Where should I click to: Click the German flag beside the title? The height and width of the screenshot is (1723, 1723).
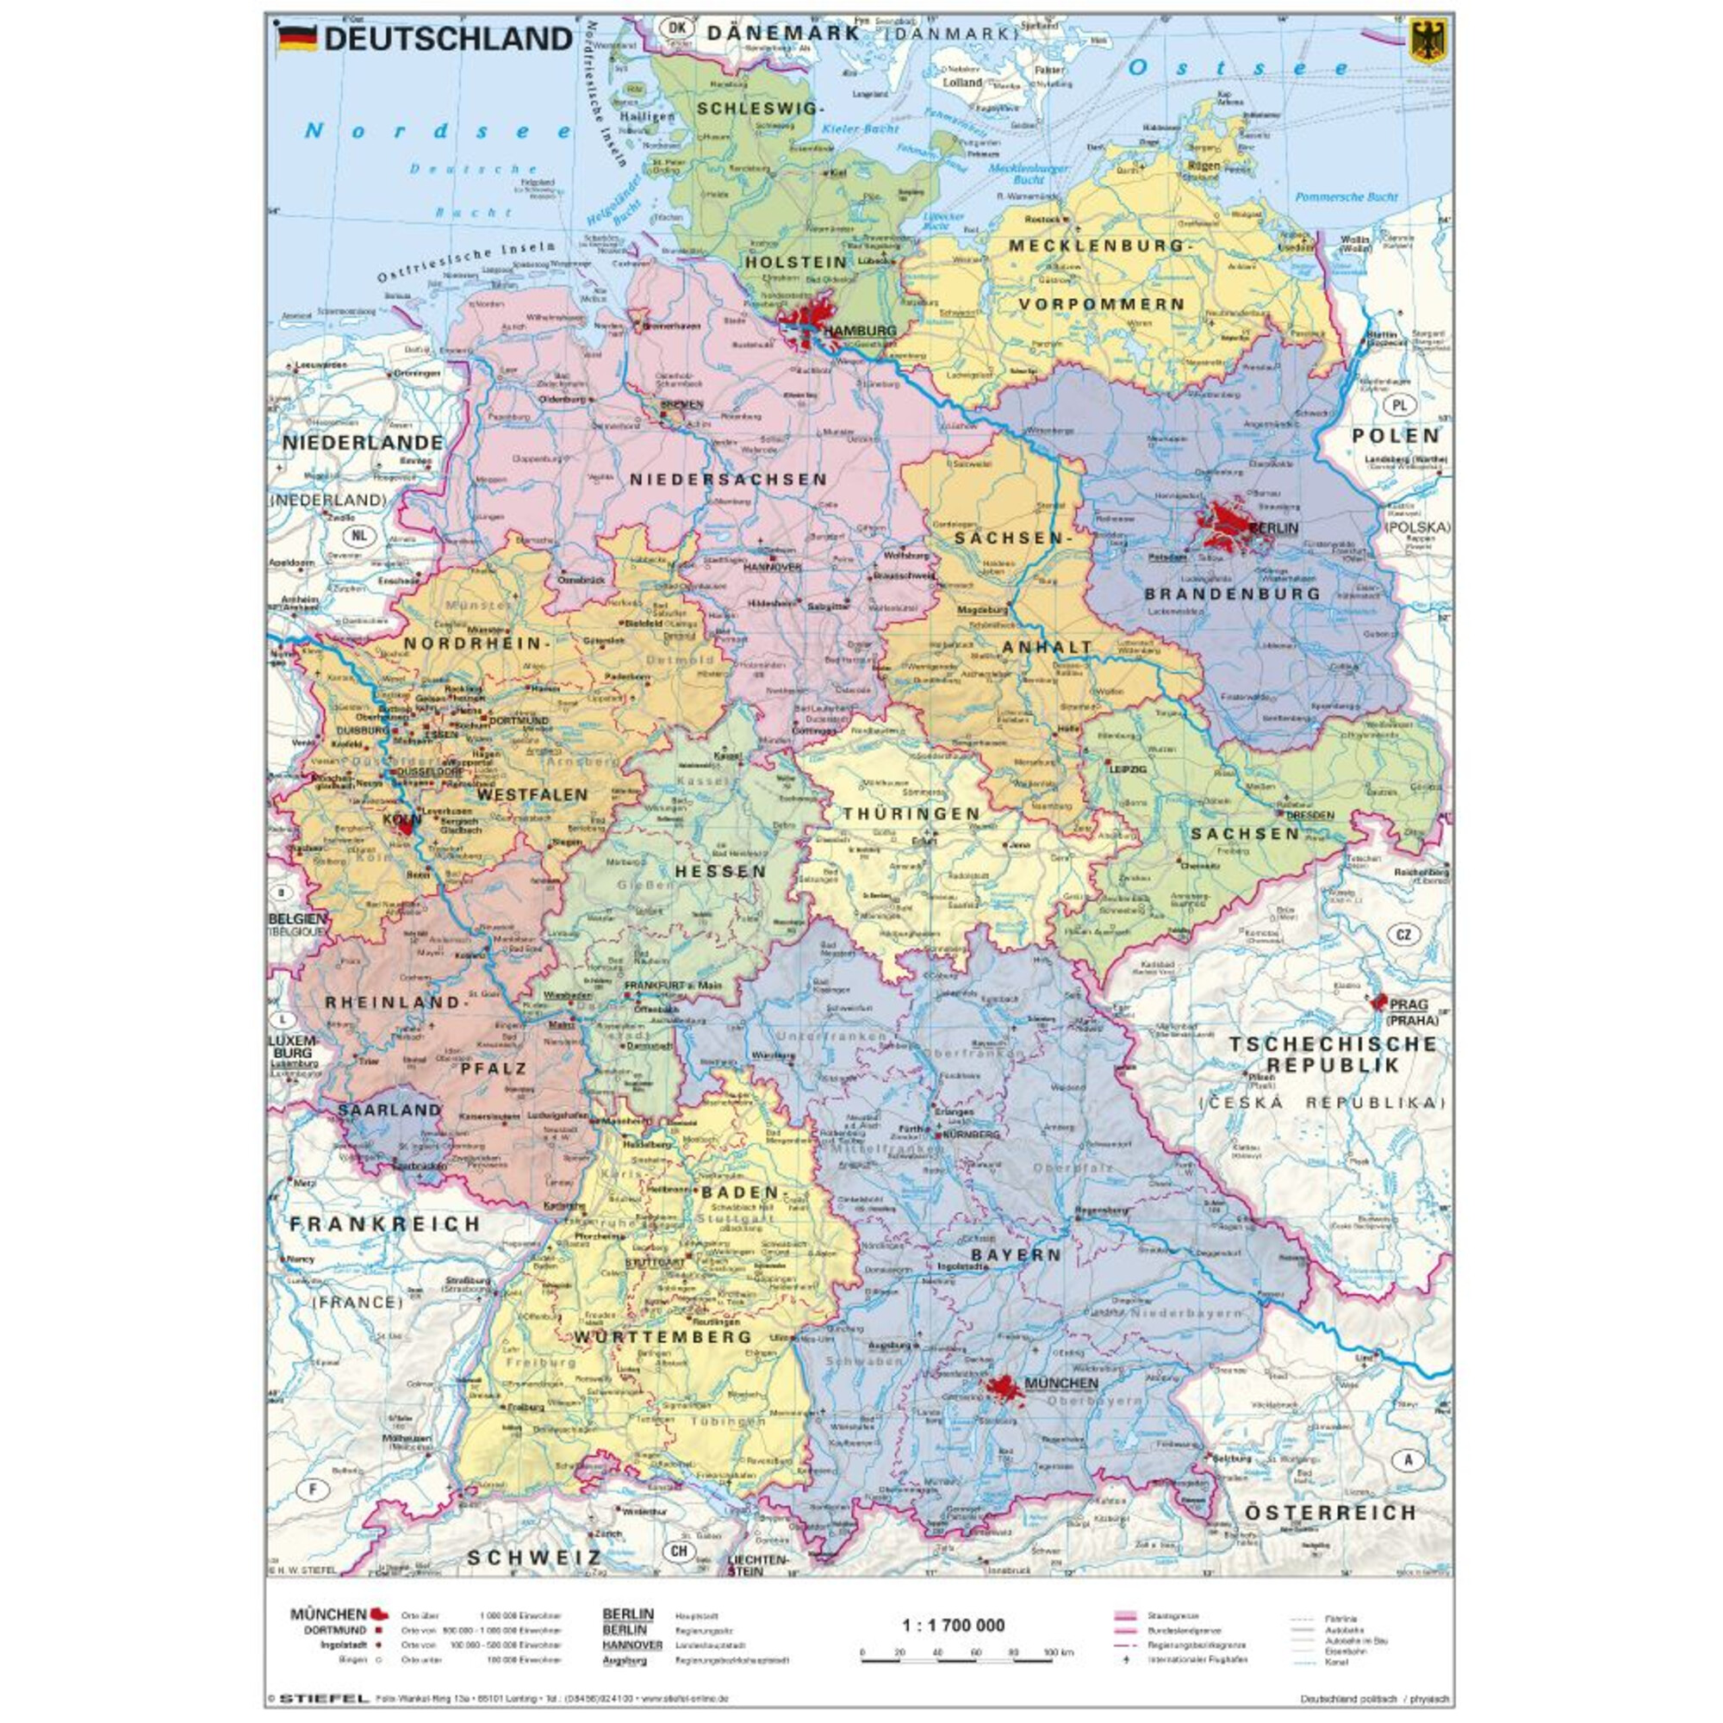pos(297,40)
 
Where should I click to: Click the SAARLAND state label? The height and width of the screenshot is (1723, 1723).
pos(389,1110)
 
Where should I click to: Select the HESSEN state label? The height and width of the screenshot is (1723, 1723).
pos(720,871)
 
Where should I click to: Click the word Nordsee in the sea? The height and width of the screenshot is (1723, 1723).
pos(438,131)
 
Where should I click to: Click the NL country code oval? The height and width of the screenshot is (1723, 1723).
pos(358,536)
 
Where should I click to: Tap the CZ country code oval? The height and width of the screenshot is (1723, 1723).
pos(1403,935)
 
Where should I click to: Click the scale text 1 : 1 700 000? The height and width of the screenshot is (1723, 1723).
pos(954,1625)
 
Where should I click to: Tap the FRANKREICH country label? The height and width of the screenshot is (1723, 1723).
pos(385,1224)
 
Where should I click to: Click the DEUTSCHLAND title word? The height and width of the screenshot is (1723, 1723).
pos(448,39)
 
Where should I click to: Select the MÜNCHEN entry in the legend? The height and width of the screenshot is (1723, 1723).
pos(328,1614)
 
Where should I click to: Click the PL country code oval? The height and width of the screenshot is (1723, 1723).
pos(1399,405)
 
